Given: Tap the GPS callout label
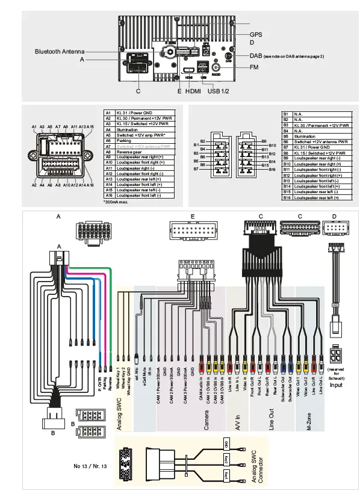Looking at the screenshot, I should [x=256, y=35].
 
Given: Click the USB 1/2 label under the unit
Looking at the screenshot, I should [x=218, y=91].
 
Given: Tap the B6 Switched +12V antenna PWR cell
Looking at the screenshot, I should [x=317, y=142].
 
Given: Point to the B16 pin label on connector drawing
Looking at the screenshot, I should [x=272, y=170].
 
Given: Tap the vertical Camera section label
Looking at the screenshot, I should [x=206, y=421].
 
